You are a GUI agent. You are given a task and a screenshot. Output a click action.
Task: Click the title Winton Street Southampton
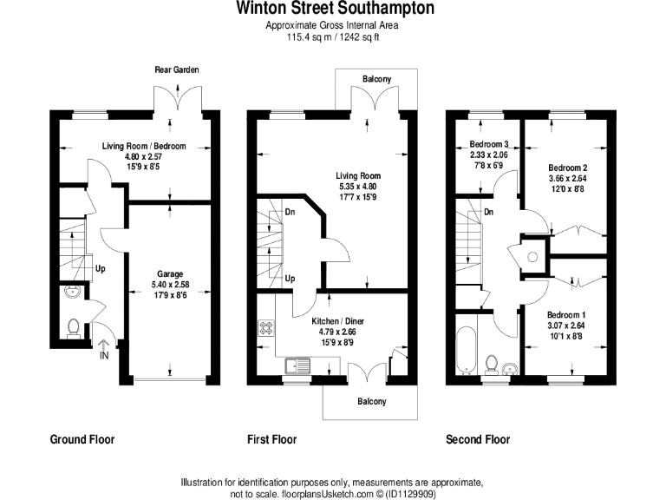332,9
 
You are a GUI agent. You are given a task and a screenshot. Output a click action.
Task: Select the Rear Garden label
176,69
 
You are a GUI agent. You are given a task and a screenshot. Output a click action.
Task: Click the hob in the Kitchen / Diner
264,330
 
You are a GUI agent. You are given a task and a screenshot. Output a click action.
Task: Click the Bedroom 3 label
488,144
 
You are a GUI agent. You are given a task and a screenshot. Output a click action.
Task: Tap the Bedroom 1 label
566,314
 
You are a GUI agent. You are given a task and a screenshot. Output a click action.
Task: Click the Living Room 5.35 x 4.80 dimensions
359,185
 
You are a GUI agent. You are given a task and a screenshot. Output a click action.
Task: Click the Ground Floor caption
82,439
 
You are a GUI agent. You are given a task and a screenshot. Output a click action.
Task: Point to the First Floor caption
271,439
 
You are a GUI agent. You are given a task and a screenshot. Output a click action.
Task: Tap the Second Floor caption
478,439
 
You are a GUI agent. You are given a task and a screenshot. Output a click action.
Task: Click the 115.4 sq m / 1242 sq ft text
332,38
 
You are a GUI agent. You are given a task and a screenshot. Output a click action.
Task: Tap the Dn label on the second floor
489,212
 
